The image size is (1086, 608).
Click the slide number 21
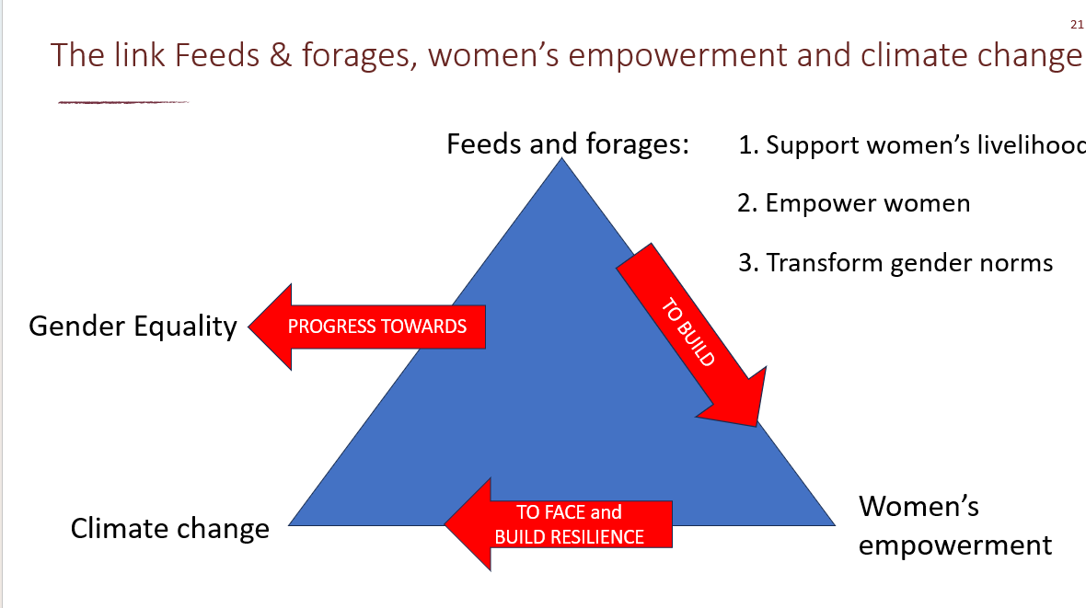(1077, 25)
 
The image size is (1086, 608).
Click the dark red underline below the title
(123, 102)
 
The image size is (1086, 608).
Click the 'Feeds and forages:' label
(568, 144)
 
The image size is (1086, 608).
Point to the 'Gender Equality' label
(133, 326)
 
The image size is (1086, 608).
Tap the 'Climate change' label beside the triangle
(170, 529)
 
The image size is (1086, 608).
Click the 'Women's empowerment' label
(954, 525)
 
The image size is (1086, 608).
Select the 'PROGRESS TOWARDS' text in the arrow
(377, 327)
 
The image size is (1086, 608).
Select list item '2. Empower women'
(853, 203)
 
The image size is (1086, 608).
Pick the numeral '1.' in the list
(747, 145)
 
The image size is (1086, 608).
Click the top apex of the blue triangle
(560, 161)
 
